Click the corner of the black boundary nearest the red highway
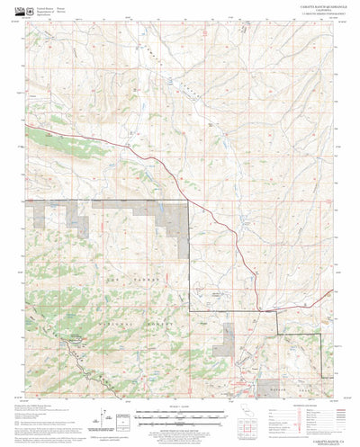click(189, 199)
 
